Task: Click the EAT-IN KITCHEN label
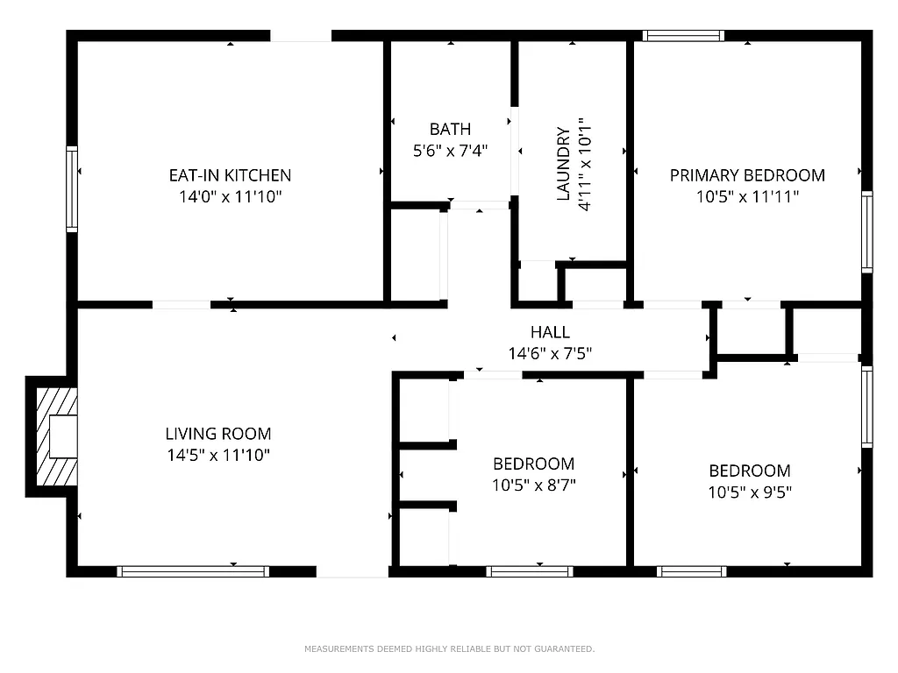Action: tap(230, 175)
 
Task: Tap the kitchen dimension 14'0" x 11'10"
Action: tap(230, 197)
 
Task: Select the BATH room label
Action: tap(450, 130)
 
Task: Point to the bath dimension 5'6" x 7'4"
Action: tap(450, 151)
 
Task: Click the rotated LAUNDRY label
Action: tap(564, 165)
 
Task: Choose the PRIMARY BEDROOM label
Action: tap(747, 175)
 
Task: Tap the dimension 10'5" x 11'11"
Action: tap(747, 197)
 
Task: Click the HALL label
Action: tap(550, 332)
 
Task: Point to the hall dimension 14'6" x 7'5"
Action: tap(550, 354)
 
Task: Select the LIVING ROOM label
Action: tap(218, 434)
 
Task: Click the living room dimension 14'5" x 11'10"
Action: tap(218, 455)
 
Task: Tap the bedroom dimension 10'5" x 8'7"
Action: tap(533, 485)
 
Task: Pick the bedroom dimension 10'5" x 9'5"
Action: tap(750, 492)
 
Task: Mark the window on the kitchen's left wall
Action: tap(72, 189)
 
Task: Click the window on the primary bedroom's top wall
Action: tap(682, 36)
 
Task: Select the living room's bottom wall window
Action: tap(193, 571)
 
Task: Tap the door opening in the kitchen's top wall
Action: tap(300, 36)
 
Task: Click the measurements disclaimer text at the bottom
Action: tap(449, 649)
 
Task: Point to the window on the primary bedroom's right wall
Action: tap(866, 232)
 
